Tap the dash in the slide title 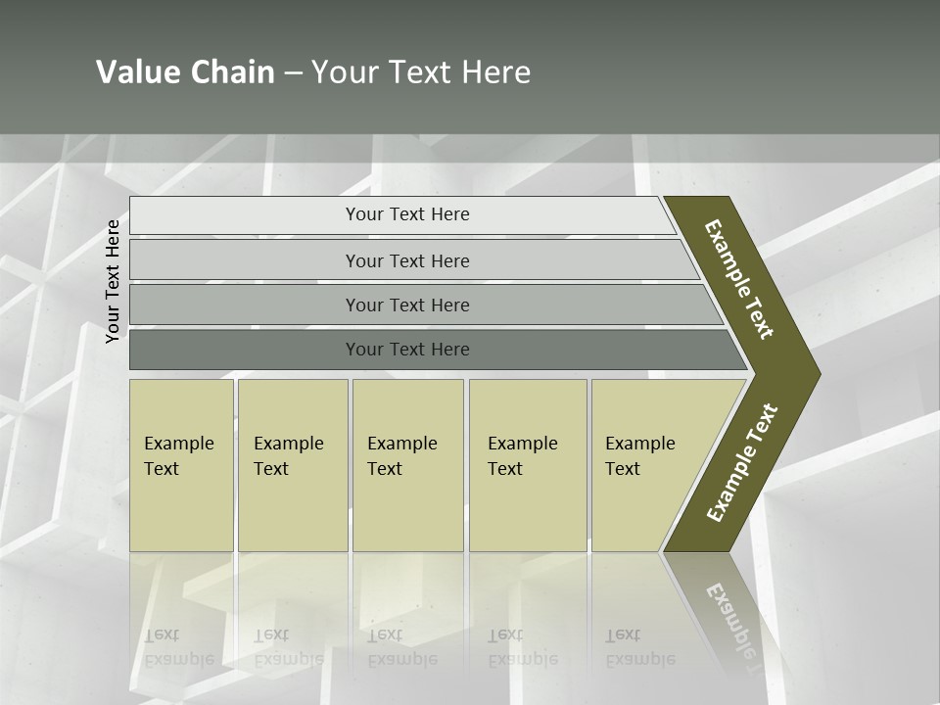point(293,73)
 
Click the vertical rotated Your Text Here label point(114,281)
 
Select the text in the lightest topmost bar point(407,214)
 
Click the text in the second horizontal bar point(407,261)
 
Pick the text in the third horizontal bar point(407,305)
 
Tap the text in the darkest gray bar point(407,350)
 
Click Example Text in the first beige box point(178,456)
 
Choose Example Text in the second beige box point(288,456)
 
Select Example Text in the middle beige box point(401,456)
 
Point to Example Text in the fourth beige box point(522,456)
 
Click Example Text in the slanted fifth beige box point(639,456)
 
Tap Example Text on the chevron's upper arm point(739,279)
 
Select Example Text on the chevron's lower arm point(742,463)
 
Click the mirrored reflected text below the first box point(178,647)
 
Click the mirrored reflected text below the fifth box point(639,647)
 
